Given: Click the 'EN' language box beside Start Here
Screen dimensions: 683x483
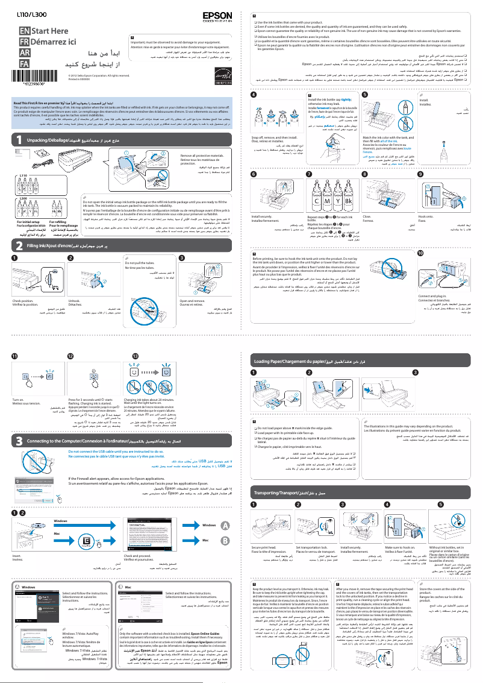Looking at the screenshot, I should coord(24,30).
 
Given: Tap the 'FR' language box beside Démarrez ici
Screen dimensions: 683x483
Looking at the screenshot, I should coord(24,42).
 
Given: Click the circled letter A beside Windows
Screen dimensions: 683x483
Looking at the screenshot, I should coord(225,526).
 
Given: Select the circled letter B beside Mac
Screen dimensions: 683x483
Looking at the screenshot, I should coord(225,540).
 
